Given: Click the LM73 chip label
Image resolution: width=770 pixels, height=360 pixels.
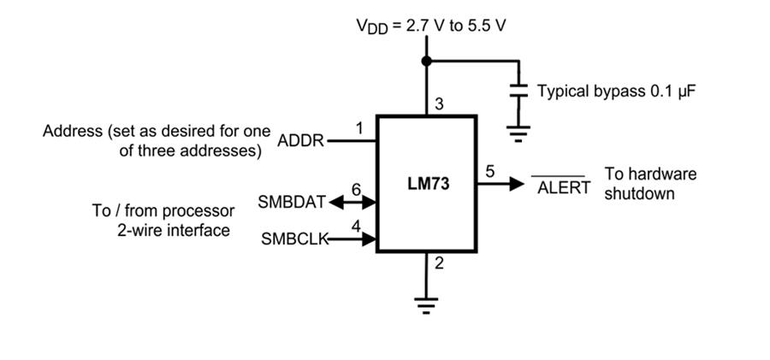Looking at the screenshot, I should (428, 184).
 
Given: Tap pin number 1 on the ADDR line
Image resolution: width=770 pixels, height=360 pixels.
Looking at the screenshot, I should (359, 128).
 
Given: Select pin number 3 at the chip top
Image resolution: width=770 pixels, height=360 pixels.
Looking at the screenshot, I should (439, 105).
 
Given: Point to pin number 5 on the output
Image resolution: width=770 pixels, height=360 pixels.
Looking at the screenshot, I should (489, 171).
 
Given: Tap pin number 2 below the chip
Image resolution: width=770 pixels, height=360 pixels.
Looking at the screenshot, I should (439, 263).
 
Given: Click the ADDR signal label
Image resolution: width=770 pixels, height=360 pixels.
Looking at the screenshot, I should (300, 142).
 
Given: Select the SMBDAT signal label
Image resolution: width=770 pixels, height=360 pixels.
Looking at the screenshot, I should (292, 203).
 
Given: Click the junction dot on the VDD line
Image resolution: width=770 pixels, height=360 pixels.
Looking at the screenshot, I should (425, 61).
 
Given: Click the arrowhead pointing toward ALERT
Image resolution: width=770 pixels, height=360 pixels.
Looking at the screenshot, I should (518, 183).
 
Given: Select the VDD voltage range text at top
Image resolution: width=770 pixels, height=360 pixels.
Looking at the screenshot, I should (431, 25).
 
